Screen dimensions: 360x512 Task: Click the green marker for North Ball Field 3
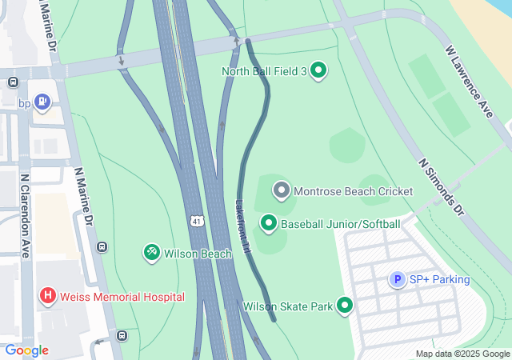click(x=318, y=71)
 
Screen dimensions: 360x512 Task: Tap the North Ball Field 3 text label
click(x=264, y=72)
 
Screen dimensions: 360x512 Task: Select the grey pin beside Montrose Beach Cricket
click(x=281, y=191)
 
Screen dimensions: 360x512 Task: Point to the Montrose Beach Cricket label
click(x=353, y=191)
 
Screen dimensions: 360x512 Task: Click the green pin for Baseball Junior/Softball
click(x=269, y=223)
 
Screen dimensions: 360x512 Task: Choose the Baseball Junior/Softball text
click(x=340, y=224)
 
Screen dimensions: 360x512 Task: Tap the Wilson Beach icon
click(x=151, y=254)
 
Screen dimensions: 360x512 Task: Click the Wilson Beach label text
click(x=198, y=254)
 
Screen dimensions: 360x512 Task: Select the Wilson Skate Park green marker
click(x=345, y=306)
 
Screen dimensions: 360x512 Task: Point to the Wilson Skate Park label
click(x=287, y=306)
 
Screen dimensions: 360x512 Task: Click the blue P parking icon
click(x=397, y=279)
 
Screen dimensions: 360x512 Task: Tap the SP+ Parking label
click(x=439, y=279)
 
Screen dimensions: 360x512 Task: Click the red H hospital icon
click(x=48, y=297)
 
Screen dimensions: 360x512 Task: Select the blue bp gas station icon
click(x=42, y=102)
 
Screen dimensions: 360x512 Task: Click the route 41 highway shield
click(x=197, y=219)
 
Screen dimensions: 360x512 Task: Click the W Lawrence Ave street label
click(x=469, y=82)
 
